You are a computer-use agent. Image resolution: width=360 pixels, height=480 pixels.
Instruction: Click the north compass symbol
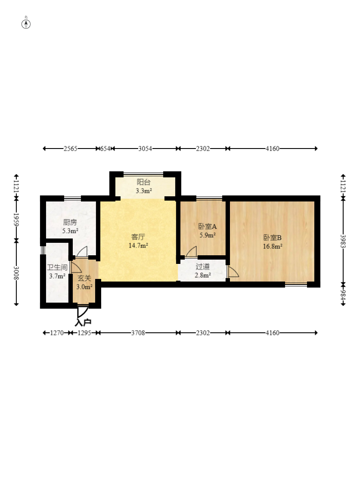click(x=26, y=24)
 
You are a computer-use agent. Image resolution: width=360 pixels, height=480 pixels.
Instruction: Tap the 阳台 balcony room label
click(x=143, y=182)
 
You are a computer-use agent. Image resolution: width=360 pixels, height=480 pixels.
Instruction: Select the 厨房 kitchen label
click(x=70, y=222)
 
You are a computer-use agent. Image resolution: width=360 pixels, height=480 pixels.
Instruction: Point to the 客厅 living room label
click(x=138, y=237)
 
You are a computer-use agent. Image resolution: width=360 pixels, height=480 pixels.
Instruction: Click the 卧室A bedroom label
click(x=208, y=226)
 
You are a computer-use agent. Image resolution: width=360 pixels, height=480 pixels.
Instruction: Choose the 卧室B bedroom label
click(x=273, y=238)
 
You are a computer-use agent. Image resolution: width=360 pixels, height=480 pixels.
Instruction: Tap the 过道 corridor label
click(x=203, y=266)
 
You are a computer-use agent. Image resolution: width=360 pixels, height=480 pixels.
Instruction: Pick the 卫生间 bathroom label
click(x=57, y=267)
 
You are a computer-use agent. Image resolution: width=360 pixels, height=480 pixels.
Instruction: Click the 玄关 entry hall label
click(x=84, y=278)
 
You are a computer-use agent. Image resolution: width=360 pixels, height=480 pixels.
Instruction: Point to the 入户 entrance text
click(x=83, y=322)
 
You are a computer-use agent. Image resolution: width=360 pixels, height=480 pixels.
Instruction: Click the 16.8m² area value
click(x=273, y=246)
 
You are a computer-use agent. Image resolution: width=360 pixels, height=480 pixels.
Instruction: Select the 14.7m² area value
click(x=138, y=245)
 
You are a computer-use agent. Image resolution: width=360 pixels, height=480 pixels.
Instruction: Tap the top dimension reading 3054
click(x=145, y=149)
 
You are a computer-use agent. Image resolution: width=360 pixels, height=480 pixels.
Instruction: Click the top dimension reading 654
click(x=105, y=149)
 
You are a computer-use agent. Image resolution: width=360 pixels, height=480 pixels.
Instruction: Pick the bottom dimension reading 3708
click(x=138, y=333)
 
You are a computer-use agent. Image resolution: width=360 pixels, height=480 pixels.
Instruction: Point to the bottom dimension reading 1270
click(x=57, y=333)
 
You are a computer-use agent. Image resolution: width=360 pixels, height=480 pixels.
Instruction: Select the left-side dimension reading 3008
click(x=16, y=273)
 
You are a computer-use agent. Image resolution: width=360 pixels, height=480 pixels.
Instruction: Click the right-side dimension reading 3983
click(x=343, y=241)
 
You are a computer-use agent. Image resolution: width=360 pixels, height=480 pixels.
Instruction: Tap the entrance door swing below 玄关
click(x=82, y=311)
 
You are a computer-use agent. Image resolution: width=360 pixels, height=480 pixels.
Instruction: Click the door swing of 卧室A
click(x=191, y=251)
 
